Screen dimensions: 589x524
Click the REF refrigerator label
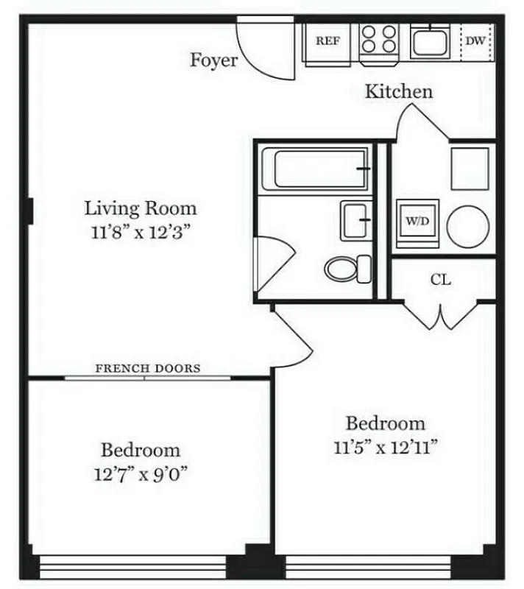[327, 41]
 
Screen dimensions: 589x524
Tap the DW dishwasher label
[475, 41]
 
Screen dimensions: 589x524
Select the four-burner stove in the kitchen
[379, 40]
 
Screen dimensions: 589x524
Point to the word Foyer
[214, 60]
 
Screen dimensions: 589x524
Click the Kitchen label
[399, 92]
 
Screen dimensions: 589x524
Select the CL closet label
[440, 280]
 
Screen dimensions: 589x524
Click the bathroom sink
[356, 219]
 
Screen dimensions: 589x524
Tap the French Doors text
[148, 368]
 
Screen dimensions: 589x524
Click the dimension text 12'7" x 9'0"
[141, 473]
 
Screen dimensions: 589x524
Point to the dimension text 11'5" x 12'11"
[385, 447]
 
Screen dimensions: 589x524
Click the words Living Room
[140, 208]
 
